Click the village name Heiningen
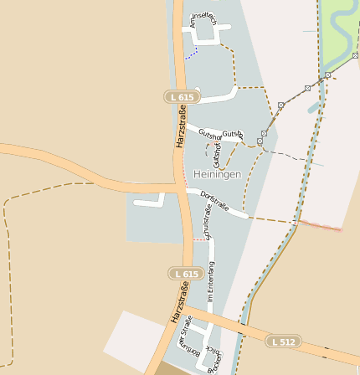[217, 174]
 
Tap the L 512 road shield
[284, 342]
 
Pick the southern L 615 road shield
[186, 274]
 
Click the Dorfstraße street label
[215, 203]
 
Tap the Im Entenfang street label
[211, 281]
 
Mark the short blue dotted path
[192, 54]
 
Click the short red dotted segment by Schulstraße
[199, 239]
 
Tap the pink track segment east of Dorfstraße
[320, 224]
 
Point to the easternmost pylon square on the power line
[328, 75]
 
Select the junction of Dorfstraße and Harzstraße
[183, 190]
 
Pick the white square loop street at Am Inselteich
[206, 31]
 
